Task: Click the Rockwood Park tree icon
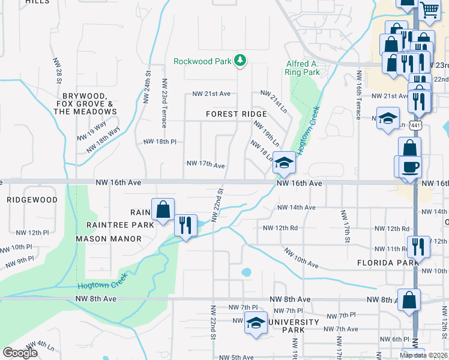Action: click(x=240, y=59)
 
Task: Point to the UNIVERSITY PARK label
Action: click(x=294, y=326)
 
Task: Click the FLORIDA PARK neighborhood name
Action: click(x=383, y=263)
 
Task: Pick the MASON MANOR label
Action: click(x=109, y=239)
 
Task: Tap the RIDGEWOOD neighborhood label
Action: click(x=32, y=200)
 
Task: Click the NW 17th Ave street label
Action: click(x=205, y=164)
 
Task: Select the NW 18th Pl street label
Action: click(x=160, y=142)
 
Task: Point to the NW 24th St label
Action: click(x=146, y=85)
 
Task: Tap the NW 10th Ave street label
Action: click(x=301, y=258)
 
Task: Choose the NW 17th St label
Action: click(x=346, y=226)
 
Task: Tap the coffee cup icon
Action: click(x=410, y=166)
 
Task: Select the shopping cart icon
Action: click(x=430, y=10)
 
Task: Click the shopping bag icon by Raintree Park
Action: click(x=163, y=209)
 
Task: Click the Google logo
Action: click(x=20, y=353)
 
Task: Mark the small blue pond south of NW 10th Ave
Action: click(x=246, y=272)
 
